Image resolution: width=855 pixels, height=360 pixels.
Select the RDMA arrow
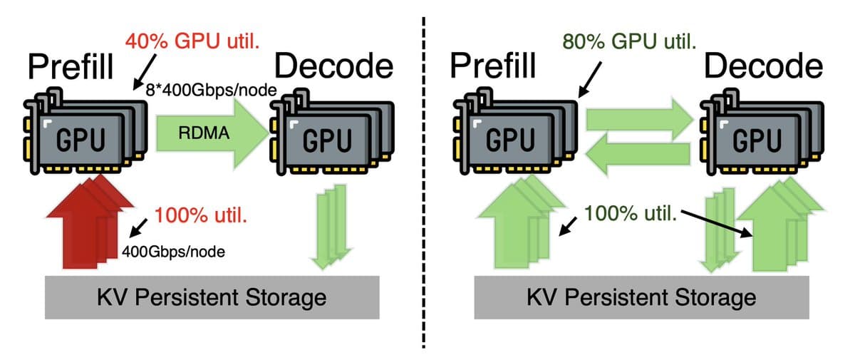[x=207, y=133]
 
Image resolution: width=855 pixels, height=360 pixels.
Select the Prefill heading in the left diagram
[x=70, y=68]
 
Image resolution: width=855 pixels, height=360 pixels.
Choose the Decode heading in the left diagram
[x=333, y=68]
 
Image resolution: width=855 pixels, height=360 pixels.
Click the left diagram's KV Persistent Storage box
[x=212, y=296]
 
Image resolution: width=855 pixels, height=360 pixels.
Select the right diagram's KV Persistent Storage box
[x=641, y=296]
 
